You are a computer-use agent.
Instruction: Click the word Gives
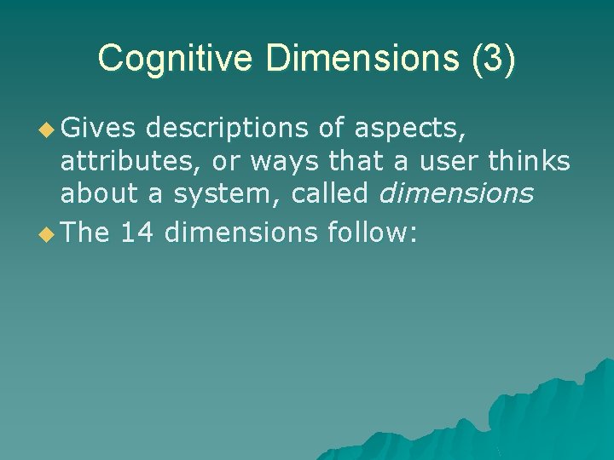click(96, 129)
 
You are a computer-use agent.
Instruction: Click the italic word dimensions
click(455, 193)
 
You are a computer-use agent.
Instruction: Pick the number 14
click(137, 232)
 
